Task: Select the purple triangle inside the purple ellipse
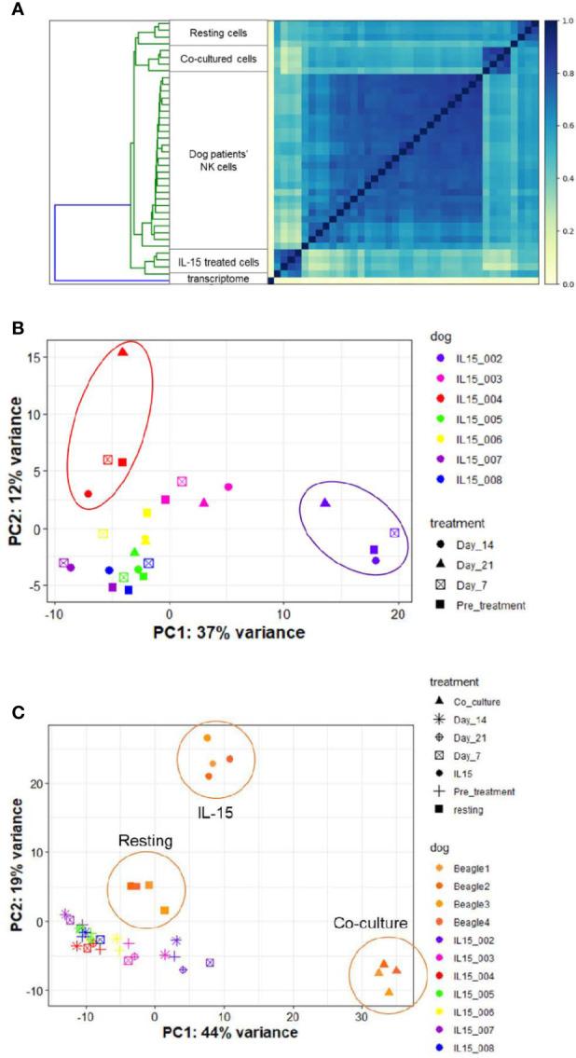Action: [x=325, y=502]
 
